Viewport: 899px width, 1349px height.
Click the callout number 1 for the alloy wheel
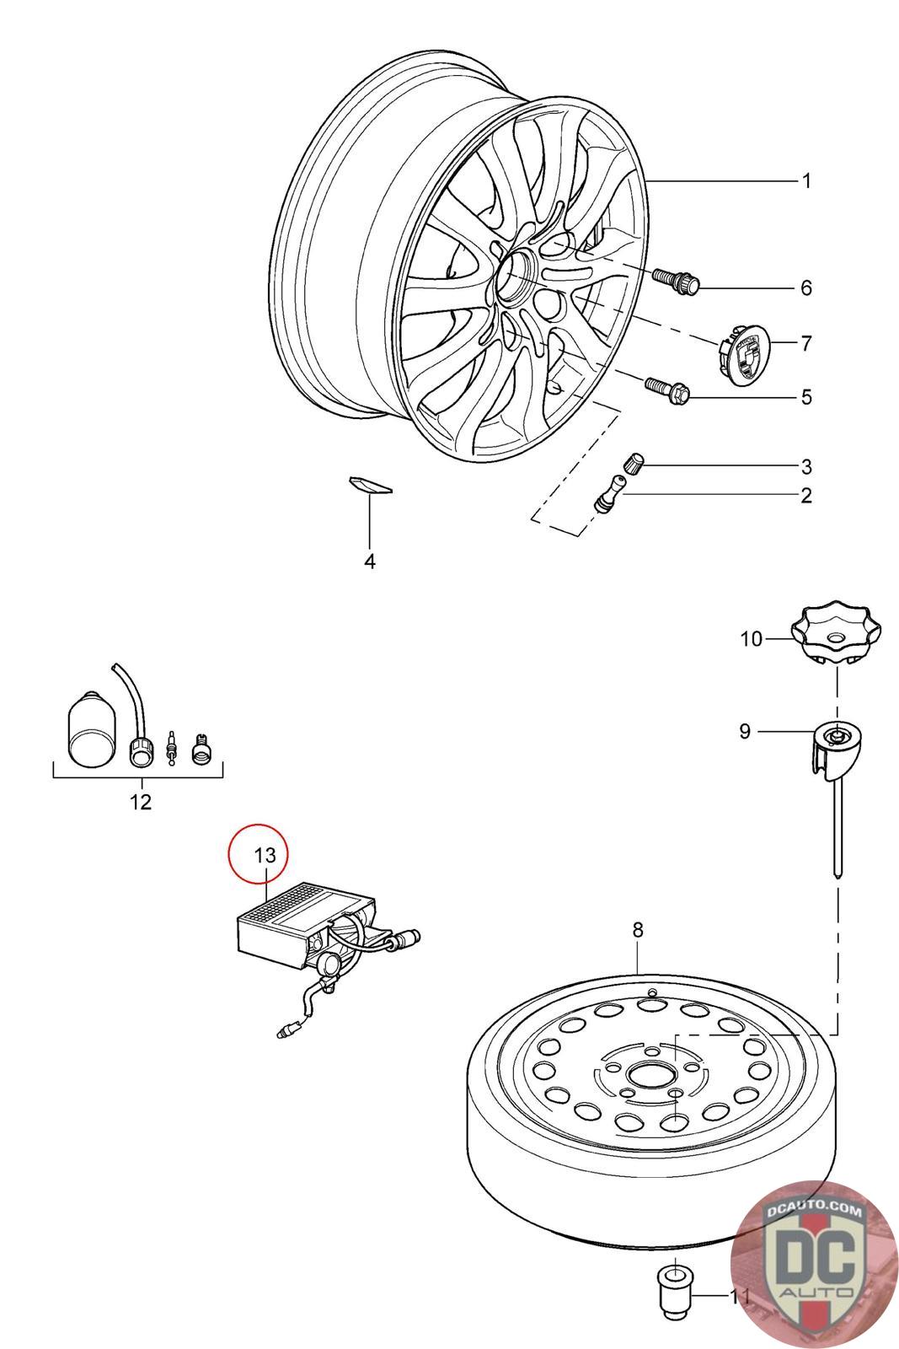[x=805, y=181]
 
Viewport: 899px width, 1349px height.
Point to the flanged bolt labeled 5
[x=667, y=389]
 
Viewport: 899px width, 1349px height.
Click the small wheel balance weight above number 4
[x=370, y=484]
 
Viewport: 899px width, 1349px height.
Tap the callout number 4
[x=370, y=561]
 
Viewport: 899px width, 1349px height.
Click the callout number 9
[x=745, y=731]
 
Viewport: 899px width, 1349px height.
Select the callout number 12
[x=141, y=801]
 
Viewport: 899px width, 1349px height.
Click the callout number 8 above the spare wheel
[x=638, y=929]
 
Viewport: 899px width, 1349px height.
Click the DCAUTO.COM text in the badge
[x=814, y=1210]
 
